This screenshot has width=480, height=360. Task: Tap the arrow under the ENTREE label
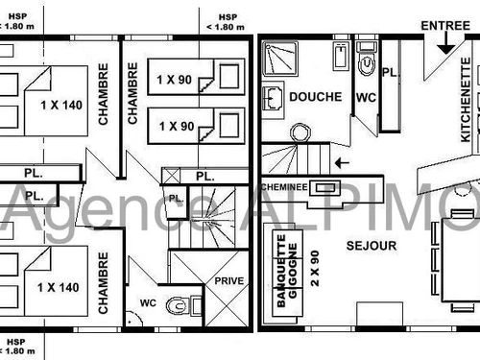pos(444,42)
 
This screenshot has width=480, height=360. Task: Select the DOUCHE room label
pos(309,97)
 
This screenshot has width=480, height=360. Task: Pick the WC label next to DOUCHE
pos(367,97)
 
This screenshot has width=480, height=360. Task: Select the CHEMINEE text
pos(284,187)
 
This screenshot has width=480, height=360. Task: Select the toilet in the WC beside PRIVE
pos(180,305)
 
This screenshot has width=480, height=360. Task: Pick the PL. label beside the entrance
pos(390,73)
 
